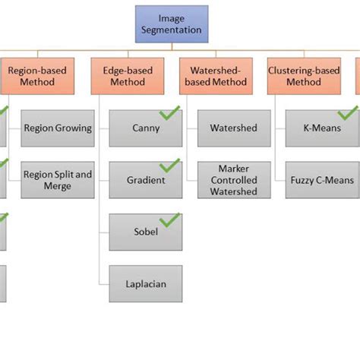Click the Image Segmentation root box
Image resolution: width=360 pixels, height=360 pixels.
coord(172,24)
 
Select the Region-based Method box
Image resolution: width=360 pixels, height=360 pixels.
coord(37,77)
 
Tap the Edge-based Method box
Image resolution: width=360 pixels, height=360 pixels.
coord(127,77)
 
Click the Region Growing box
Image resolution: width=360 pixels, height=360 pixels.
coord(58,128)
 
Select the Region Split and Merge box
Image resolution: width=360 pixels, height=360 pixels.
coord(58,180)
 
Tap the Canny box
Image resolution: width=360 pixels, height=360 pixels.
coord(146,128)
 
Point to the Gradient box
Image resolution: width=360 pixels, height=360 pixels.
coord(146,180)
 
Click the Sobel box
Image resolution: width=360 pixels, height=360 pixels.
coord(146,232)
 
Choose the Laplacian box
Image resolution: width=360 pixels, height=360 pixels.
coord(146,284)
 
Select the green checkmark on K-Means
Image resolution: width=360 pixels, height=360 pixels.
coord(347,112)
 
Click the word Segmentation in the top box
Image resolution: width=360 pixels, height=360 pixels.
coord(172,30)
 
